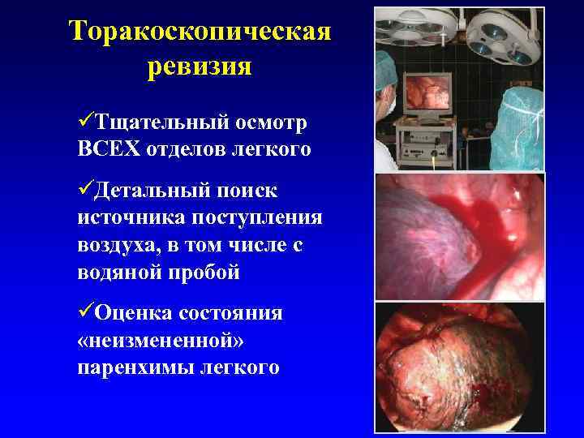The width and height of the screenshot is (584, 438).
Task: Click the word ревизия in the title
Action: pos(200,66)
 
